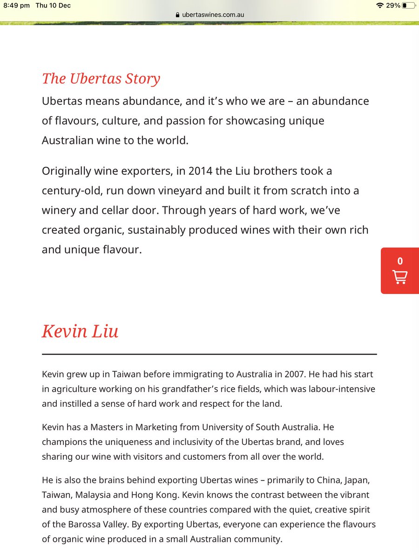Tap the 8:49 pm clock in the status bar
(x=17, y=6)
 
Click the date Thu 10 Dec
(x=54, y=6)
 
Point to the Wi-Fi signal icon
(x=380, y=6)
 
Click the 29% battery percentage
(x=393, y=6)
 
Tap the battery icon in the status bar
(x=408, y=6)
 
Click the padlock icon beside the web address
(x=177, y=14)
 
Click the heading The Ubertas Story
(x=101, y=78)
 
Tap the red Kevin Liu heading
(x=80, y=331)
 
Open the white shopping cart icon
(x=400, y=277)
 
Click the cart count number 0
(x=400, y=261)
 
